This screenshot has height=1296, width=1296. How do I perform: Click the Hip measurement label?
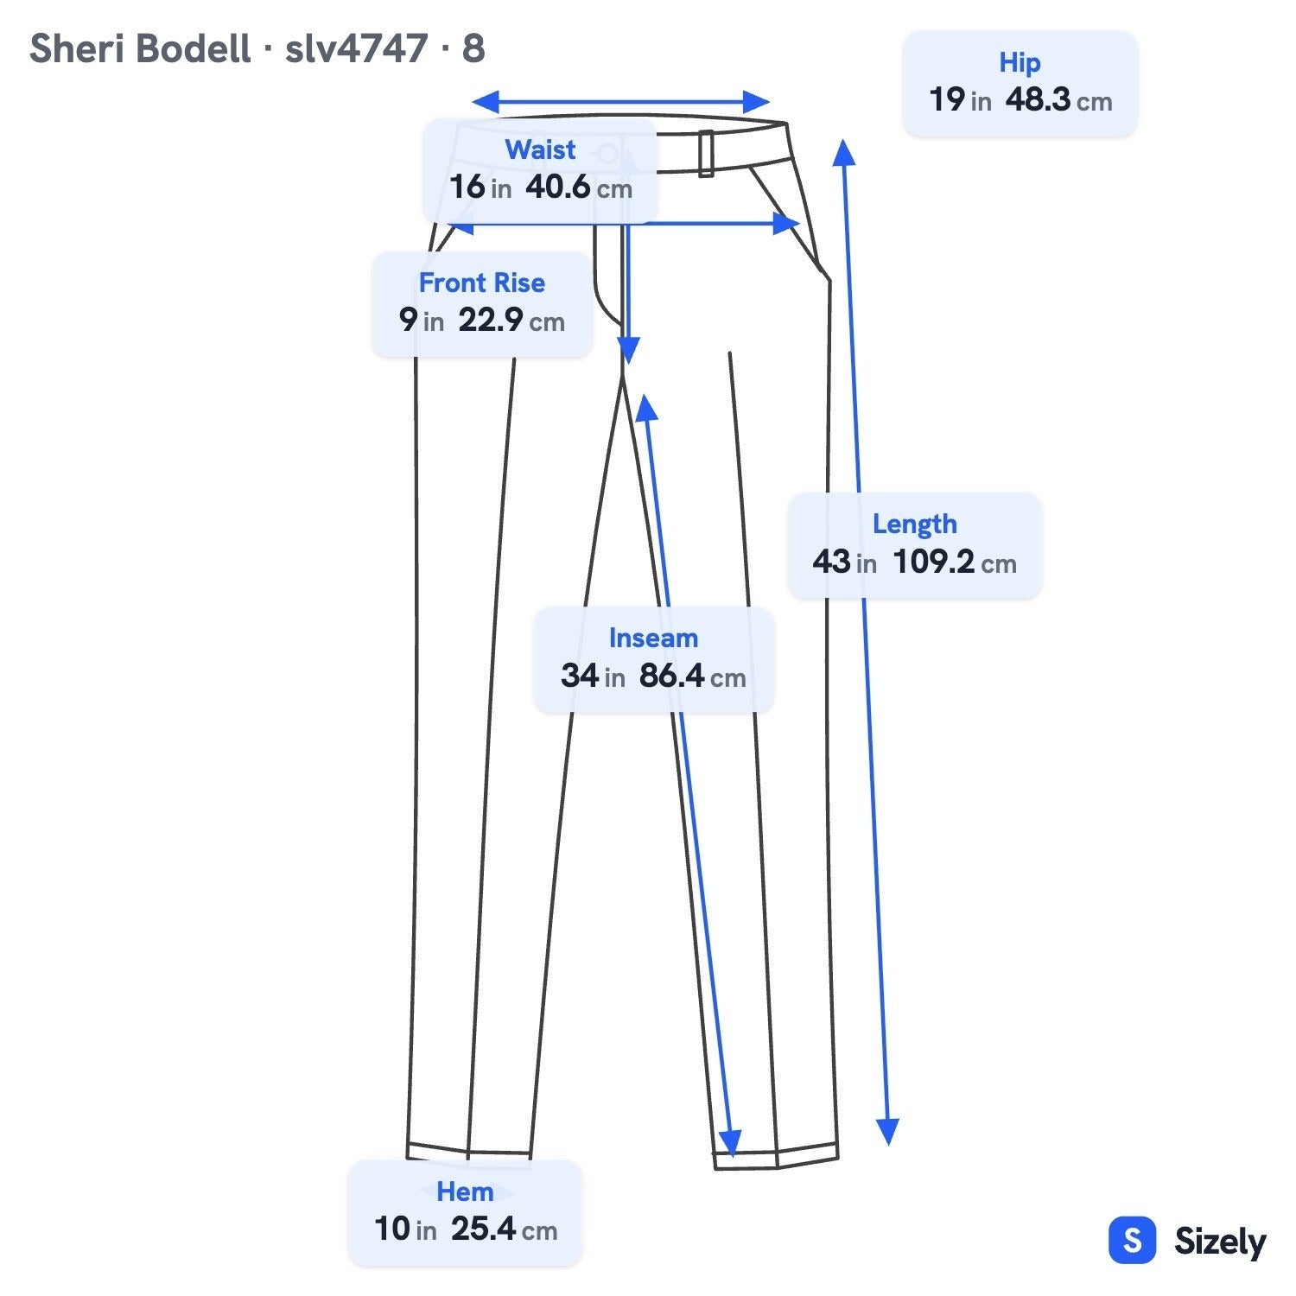[x=1020, y=63]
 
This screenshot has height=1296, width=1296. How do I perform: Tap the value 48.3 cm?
[x=1058, y=100]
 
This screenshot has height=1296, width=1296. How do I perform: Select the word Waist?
[x=540, y=149]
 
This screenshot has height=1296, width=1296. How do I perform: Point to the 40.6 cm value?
[x=579, y=187]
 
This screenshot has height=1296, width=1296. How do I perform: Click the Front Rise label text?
[x=482, y=283]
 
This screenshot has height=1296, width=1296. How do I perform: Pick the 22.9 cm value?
[x=511, y=321]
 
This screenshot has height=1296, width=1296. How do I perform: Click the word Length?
[x=915, y=524]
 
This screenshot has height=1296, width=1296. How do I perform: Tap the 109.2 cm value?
[x=955, y=562]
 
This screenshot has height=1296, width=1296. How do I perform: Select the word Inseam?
[x=653, y=638]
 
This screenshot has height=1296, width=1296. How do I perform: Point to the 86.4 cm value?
[x=692, y=676]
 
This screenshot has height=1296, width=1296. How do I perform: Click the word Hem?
[x=465, y=1192]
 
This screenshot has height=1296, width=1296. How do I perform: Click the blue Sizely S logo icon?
[x=1132, y=1241]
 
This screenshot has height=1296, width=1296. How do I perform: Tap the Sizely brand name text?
[x=1220, y=1242]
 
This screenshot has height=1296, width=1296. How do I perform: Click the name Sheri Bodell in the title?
[x=140, y=48]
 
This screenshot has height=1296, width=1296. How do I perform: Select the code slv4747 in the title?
[x=356, y=49]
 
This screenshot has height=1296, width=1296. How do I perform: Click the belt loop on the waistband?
[x=706, y=154]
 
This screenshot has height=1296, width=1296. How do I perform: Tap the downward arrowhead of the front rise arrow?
[x=629, y=350]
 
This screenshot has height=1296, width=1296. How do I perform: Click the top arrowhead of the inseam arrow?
[x=646, y=408]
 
